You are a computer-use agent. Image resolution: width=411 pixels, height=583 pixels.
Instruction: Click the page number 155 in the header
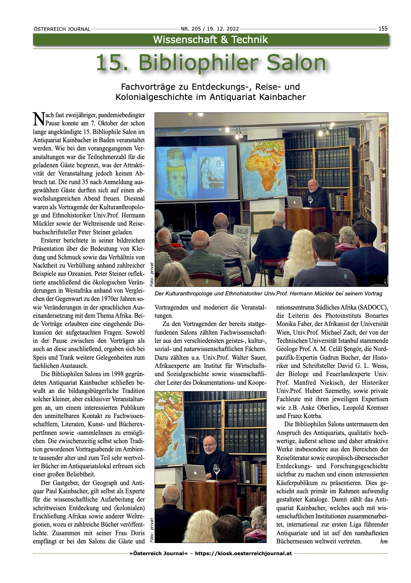(383, 28)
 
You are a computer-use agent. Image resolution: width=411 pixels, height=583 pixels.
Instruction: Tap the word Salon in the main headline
(296, 63)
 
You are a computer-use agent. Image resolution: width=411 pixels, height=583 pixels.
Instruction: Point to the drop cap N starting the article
(38, 118)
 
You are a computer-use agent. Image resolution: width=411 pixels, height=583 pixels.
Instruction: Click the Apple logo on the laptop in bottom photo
(195, 473)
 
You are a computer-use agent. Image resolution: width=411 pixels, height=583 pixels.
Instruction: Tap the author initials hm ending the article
(384, 541)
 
